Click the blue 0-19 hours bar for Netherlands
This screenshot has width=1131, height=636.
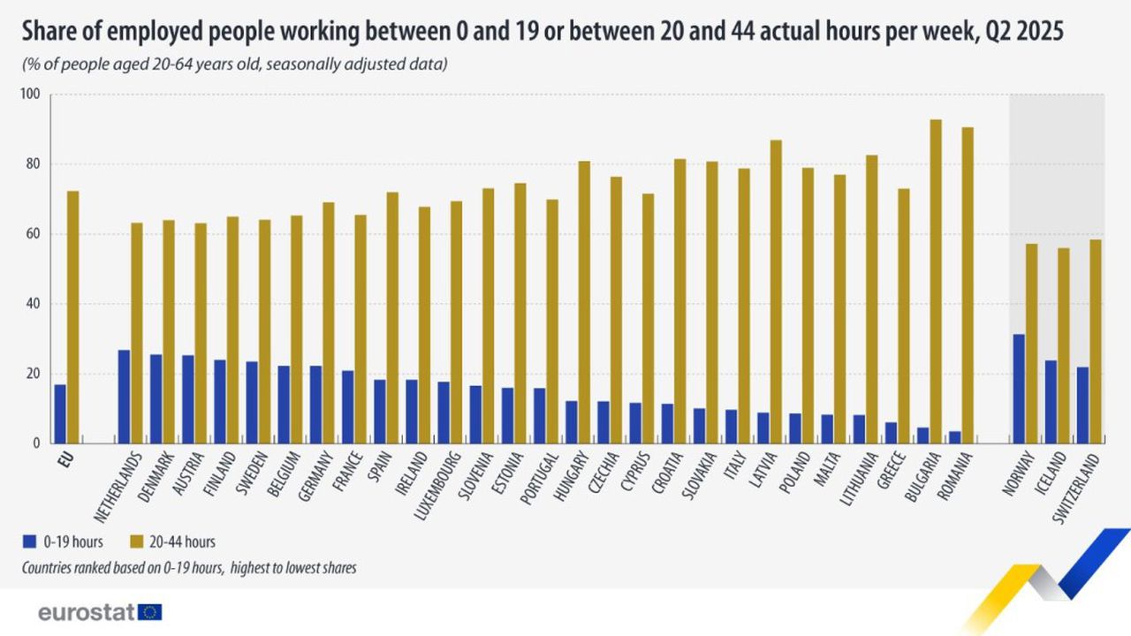pyautogui.click(x=124, y=397)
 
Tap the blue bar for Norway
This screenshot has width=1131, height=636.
pyautogui.click(x=1019, y=389)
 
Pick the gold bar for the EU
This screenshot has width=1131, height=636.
pyautogui.click(x=72, y=317)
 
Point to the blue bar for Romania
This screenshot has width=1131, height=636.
pyautogui.click(x=954, y=437)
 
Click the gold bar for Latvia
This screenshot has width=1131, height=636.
pyautogui.click(x=776, y=291)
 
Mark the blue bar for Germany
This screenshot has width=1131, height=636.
pyautogui.click(x=315, y=404)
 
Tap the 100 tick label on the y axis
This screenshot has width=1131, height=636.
pyautogui.click(x=30, y=95)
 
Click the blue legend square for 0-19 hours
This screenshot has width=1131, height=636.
pyautogui.click(x=29, y=541)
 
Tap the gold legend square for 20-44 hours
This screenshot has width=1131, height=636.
pyautogui.click(x=136, y=541)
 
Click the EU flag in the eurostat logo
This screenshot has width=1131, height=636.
pyautogui.click(x=150, y=612)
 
